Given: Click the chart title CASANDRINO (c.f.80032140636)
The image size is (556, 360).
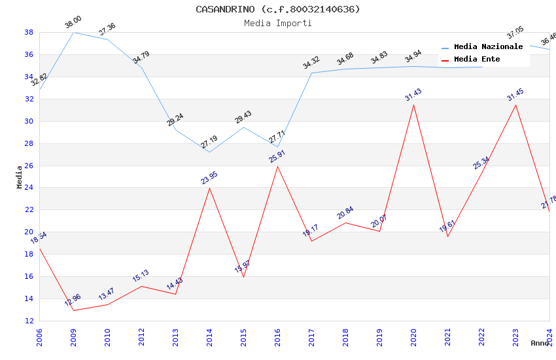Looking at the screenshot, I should coord(278,9).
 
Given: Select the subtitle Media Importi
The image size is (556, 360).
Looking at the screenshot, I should coord(278,23).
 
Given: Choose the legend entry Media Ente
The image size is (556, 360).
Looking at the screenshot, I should coord(477,59).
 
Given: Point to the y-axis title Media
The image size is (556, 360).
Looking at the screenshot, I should coord(20,177).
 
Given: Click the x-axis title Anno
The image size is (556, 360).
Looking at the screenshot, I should coord(540,342).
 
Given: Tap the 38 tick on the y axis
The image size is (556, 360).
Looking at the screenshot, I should coord(29,32).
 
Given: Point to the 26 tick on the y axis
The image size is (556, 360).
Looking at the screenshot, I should coord(29,166).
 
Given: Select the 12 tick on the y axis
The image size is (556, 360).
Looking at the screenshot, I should coord(29,321).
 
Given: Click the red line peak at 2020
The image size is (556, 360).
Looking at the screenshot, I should coord(413,105).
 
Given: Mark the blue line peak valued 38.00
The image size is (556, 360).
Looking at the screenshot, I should coord(73,32).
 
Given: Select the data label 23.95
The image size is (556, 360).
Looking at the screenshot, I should coord(209,177).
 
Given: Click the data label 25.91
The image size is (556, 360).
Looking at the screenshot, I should coord(277,156).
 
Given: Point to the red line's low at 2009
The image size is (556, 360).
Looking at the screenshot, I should coord(73,310).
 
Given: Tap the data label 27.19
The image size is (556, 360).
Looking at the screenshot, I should coord(209,142).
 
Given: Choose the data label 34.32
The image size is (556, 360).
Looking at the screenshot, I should coord(311,63).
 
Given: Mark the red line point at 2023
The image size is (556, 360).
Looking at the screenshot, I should coord(515,105).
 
